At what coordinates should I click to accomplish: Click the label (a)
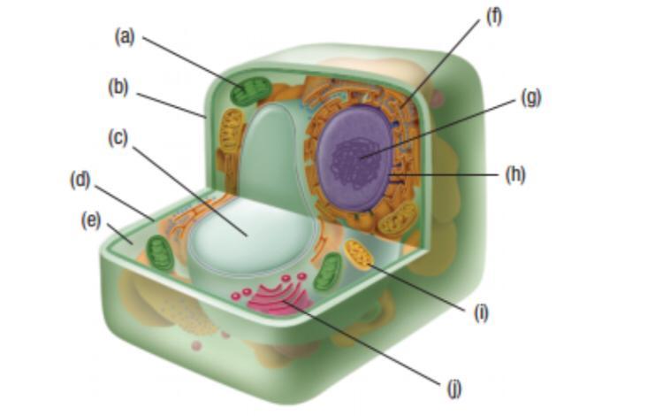[x=126, y=36]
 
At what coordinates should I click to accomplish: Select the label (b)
[x=118, y=87]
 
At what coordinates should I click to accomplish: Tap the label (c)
[x=118, y=139]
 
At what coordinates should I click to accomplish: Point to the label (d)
[x=80, y=180]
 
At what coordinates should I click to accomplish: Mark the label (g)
[x=530, y=97]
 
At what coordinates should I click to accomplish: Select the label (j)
[x=454, y=387]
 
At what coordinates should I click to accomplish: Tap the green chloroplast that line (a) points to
[x=254, y=91]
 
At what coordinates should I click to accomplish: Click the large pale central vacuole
[x=252, y=235]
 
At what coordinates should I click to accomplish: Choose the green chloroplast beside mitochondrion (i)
[x=327, y=271]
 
